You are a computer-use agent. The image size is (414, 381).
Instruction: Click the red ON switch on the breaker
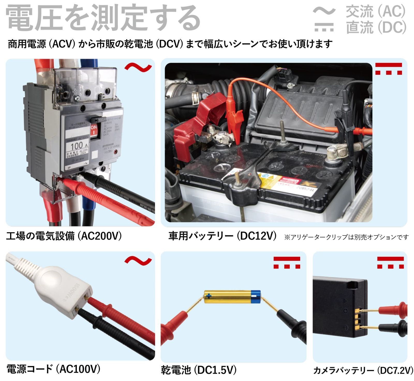coord(94,129)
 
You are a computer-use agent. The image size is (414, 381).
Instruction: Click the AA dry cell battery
coord(232,297)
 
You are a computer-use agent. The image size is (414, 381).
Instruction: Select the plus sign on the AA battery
coord(209,295)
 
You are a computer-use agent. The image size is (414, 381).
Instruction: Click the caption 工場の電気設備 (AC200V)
coord(64,236)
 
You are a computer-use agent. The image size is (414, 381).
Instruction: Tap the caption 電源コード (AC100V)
coord(53,369)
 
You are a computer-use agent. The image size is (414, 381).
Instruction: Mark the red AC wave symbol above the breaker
coord(138,67)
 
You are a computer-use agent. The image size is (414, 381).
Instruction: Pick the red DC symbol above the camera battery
coord(390,262)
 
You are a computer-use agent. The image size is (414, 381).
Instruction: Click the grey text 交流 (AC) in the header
coord(375,11)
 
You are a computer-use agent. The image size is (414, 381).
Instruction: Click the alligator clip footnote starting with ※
coord(346,237)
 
